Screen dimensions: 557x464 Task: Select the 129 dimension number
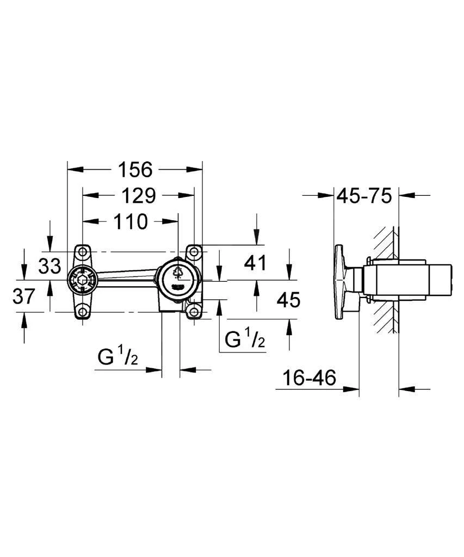[x=138, y=195]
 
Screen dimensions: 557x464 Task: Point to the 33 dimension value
[x=50, y=266]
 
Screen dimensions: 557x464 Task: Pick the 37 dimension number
[x=23, y=297]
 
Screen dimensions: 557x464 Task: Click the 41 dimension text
[x=256, y=263]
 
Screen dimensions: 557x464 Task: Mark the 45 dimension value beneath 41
[x=289, y=299]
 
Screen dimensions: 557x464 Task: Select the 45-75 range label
[x=365, y=195]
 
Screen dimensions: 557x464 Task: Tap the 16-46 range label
[x=308, y=377]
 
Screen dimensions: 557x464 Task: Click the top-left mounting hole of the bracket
[x=82, y=252]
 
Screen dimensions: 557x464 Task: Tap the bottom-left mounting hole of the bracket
[x=82, y=312]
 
